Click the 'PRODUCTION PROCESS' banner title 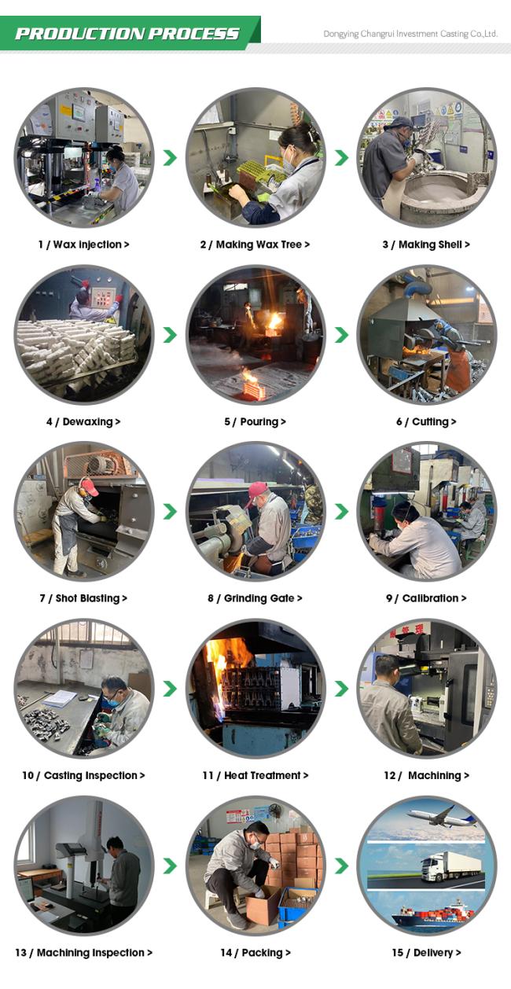click(x=127, y=34)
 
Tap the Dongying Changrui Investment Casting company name click(x=410, y=34)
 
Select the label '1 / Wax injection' click(x=84, y=244)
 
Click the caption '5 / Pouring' click(x=255, y=421)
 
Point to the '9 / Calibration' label click(x=426, y=598)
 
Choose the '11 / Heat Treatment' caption click(x=256, y=775)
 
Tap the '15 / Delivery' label click(x=426, y=952)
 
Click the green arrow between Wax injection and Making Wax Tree click(x=170, y=157)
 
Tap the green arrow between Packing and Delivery click(x=341, y=866)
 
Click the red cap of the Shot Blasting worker click(x=90, y=486)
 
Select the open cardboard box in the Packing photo click(x=263, y=901)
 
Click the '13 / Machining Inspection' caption click(x=84, y=952)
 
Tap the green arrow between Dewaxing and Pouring click(x=170, y=335)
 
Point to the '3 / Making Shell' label click(x=426, y=244)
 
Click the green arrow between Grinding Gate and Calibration click(x=341, y=511)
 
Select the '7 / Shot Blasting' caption click(x=83, y=598)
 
